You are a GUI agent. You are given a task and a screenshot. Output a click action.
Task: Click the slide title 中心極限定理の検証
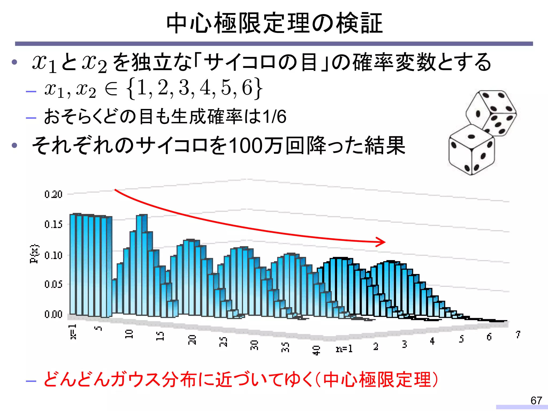pos(274,24)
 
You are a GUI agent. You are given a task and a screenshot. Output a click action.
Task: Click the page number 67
pos(536,401)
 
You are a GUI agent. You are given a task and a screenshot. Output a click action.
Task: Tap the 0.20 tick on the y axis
pos(53,194)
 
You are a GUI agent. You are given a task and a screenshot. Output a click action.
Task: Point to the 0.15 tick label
pos(53,224)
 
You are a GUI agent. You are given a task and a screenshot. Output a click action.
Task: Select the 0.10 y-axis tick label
pos(53,255)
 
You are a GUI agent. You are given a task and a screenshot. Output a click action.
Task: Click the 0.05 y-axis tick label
pos(53,284)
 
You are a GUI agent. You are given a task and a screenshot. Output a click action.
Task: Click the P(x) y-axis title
pos(34,254)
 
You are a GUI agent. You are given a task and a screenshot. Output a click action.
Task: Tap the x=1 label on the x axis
pos(73,332)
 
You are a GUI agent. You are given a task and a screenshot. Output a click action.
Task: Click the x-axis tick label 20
pos(192,340)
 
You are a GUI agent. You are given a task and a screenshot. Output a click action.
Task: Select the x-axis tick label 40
pos(316,350)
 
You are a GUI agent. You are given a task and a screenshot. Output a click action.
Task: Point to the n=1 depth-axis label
pos(344,349)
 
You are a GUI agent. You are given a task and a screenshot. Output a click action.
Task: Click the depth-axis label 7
pos(518,334)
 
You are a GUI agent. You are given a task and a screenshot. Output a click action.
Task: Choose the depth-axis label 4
pos(432,341)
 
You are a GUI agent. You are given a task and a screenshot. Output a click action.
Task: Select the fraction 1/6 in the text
pos(274,117)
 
